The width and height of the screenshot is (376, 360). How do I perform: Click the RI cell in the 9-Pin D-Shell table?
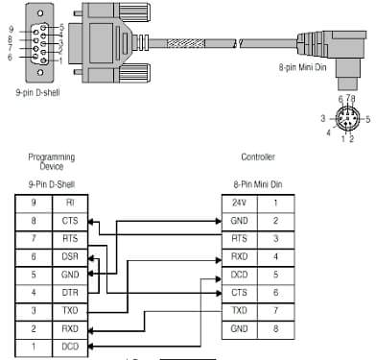70,204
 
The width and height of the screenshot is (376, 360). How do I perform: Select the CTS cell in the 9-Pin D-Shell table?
70,221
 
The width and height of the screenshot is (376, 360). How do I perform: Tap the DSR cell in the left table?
70,256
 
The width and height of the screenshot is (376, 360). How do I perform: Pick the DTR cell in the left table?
70,292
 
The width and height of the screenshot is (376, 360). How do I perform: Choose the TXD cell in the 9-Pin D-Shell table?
70,309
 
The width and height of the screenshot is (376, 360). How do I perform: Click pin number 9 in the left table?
33,204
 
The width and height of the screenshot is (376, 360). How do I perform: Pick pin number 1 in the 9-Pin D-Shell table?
33,345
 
